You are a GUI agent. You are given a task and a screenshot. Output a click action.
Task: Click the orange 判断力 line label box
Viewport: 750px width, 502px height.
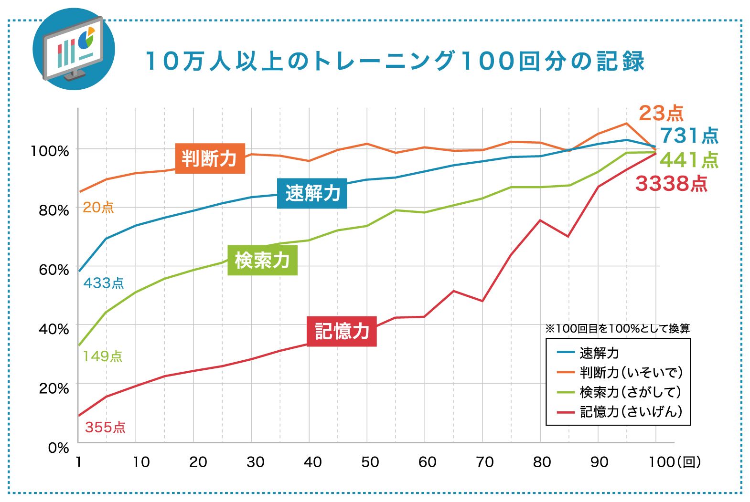click(210, 158)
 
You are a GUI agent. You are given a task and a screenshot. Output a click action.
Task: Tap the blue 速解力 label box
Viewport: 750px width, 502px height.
click(312, 193)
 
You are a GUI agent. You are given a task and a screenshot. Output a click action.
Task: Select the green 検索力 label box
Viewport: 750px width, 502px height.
click(262, 260)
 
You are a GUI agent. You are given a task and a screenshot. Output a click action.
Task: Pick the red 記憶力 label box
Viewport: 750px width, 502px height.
click(342, 331)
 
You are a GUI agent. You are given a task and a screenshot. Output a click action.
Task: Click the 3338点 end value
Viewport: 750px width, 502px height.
click(671, 184)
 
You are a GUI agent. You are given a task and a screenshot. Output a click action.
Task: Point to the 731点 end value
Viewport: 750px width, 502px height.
click(689, 136)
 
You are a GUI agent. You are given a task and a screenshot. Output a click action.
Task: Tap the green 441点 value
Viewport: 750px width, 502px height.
click(689, 160)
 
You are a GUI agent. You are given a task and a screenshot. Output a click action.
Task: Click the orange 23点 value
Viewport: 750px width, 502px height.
click(661, 114)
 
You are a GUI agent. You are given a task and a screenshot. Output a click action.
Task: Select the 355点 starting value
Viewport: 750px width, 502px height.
click(105, 427)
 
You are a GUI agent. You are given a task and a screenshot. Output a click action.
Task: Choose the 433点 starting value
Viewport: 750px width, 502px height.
click(104, 283)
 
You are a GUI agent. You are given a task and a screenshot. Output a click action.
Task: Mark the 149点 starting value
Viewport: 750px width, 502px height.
click(102, 356)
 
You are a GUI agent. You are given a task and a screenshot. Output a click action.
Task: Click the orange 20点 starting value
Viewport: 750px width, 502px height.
click(98, 208)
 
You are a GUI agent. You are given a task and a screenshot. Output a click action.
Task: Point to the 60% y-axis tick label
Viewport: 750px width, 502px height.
click(54, 270)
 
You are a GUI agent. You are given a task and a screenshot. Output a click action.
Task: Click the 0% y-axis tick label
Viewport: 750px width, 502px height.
click(58, 448)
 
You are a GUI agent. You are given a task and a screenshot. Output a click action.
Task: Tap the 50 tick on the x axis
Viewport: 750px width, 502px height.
click(370, 462)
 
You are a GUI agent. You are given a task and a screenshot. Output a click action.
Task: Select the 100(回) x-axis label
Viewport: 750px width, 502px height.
click(674, 462)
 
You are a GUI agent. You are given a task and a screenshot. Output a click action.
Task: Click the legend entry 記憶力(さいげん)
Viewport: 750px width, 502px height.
click(630, 411)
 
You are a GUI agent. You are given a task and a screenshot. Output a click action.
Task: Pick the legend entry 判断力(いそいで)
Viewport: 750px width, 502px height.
click(630, 372)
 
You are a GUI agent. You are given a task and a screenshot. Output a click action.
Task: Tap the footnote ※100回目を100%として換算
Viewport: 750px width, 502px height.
click(617, 328)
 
